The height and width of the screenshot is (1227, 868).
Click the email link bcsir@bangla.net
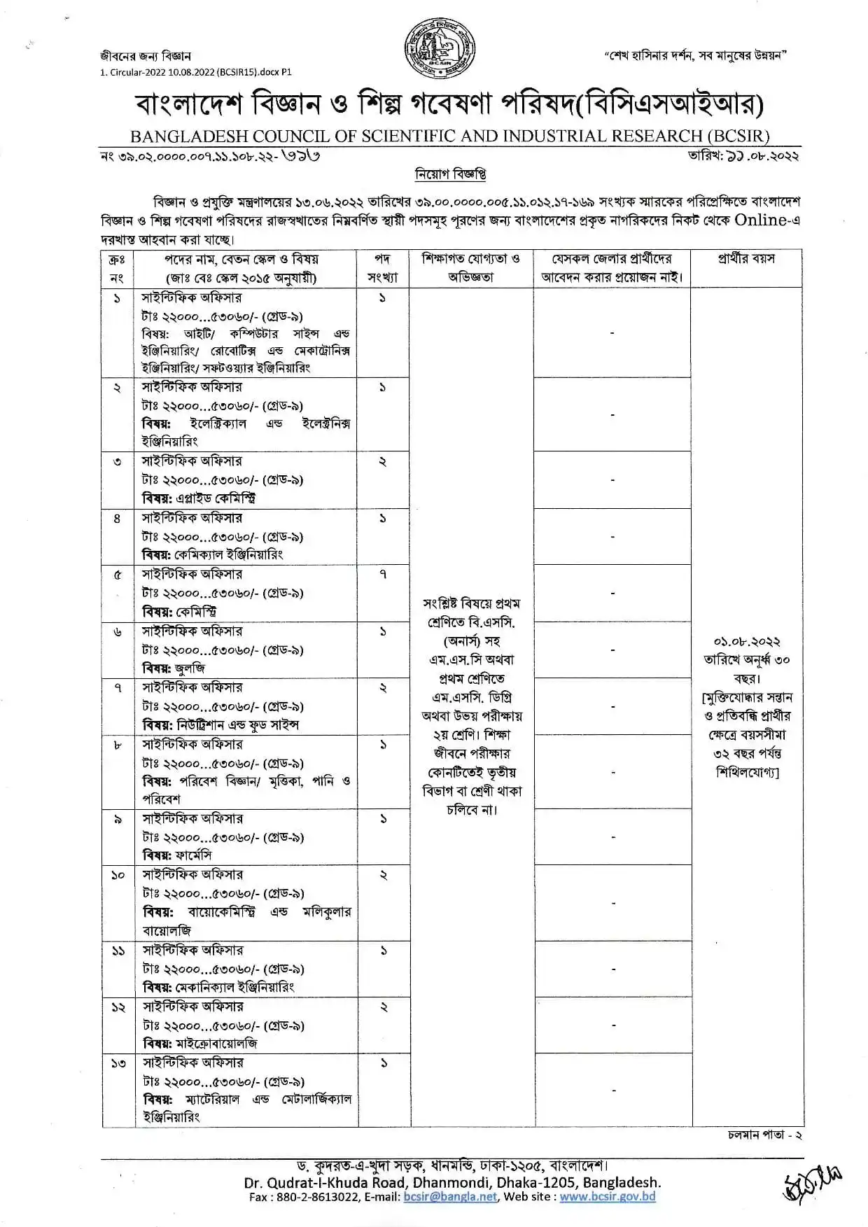coord(450,1197)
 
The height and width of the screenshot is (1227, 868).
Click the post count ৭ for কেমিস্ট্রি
coord(382,575)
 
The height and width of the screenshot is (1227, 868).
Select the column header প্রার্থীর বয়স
coord(746,259)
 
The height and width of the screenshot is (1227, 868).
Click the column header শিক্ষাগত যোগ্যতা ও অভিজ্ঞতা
coord(470,267)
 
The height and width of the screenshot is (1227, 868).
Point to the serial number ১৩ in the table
coord(118,1063)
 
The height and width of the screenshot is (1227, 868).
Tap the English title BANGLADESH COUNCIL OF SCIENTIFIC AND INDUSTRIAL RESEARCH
coord(450,136)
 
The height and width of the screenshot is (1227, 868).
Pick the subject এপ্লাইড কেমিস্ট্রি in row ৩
coord(215,498)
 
